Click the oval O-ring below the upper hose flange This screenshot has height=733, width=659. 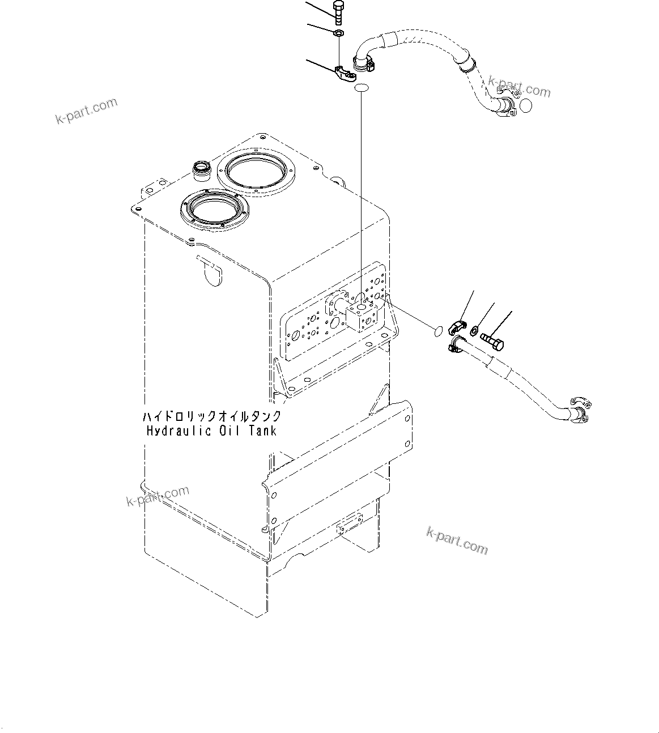362,87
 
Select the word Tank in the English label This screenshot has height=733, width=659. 262,431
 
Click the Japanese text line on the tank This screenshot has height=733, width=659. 211,417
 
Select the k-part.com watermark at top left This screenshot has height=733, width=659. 86,111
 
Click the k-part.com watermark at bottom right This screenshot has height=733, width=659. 456,540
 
